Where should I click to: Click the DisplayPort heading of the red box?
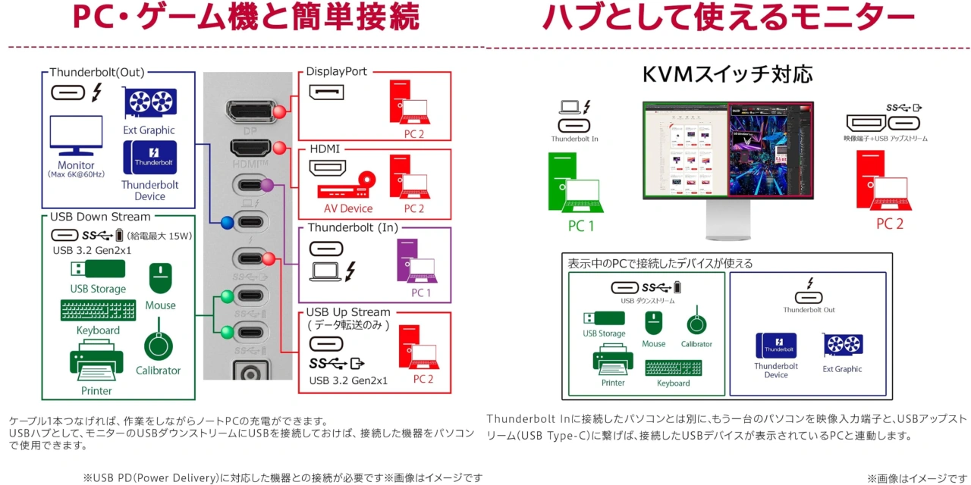[x=337, y=72]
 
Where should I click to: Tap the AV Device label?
[x=348, y=208]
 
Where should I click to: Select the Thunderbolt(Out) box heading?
[x=97, y=73]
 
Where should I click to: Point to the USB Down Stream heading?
[x=100, y=217]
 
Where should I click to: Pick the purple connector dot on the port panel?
[x=267, y=185]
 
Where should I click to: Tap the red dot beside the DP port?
[x=279, y=112]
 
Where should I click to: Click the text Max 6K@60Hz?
[x=76, y=175]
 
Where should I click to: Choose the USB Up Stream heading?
[x=348, y=312]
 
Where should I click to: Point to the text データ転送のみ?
[x=348, y=325]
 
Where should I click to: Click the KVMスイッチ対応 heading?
[x=727, y=74]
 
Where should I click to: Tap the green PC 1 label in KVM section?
[x=581, y=225]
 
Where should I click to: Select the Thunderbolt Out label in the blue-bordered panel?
[x=809, y=310]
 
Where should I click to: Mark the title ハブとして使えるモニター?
[x=728, y=17]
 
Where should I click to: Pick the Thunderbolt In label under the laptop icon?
[x=574, y=139]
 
